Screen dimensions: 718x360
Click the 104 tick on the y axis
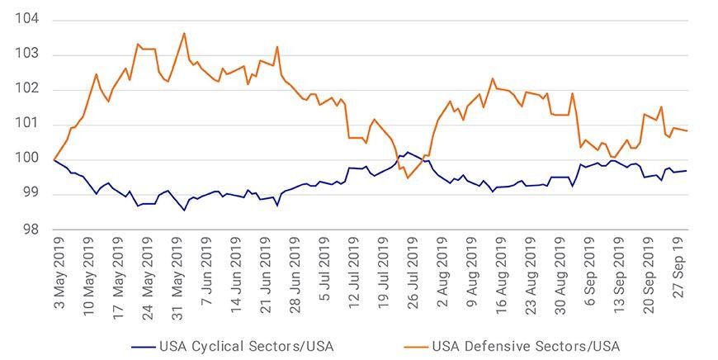(27, 19)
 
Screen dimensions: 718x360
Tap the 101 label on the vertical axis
(27, 124)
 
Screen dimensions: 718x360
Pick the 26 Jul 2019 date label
(413, 273)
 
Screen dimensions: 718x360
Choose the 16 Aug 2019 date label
(501, 275)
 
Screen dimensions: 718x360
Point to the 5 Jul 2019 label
(324, 268)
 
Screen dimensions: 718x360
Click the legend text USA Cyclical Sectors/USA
(247, 346)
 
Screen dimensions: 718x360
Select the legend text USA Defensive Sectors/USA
(526, 346)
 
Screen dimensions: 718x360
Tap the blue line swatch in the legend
(144, 347)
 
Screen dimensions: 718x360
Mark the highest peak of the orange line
(184, 33)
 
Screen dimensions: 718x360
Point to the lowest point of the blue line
(184, 211)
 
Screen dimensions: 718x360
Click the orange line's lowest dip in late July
(407, 178)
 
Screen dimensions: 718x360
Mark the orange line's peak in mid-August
(493, 78)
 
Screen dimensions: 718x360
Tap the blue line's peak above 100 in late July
(408, 152)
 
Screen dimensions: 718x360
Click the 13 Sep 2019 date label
(619, 275)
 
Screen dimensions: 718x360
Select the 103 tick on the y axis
(27, 54)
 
